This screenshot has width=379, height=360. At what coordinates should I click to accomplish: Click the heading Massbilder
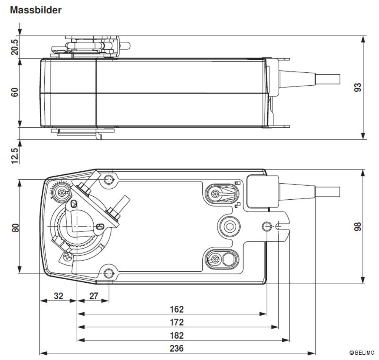[x=36, y=10]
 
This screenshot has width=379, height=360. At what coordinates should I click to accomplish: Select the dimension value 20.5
[x=15, y=46]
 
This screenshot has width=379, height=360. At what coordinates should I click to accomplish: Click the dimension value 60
[x=15, y=92]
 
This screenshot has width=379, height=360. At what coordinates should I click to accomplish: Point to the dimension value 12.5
[x=15, y=155]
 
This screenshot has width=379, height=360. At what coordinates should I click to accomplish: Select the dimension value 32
[x=58, y=296]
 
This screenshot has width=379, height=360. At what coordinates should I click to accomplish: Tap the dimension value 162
[x=177, y=309]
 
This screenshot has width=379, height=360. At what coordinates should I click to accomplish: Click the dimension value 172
[x=177, y=322]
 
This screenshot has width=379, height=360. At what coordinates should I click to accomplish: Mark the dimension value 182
[x=177, y=335]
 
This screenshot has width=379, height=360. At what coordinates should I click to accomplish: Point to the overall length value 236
[x=177, y=348]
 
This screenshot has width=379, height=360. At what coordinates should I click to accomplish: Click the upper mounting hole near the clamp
[x=110, y=179]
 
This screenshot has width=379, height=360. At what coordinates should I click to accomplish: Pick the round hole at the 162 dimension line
[x=267, y=227]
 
